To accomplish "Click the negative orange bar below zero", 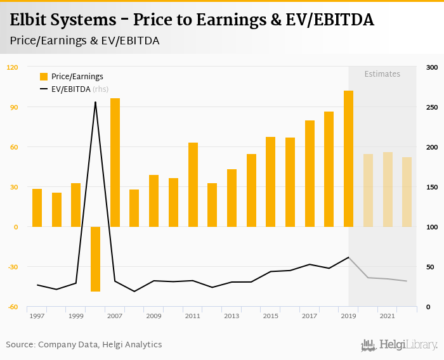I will (x=96, y=259).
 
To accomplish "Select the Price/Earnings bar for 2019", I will (x=348, y=158).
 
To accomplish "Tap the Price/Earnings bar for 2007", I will (x=115, y=162).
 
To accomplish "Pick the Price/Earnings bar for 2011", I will (x=193, y=184).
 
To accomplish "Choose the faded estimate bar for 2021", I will (x=387, y=190).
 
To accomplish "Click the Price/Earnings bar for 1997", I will (x=37, y=208).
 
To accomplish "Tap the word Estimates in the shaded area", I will (x=382, y=74).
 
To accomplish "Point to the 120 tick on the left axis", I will (x=13, y=67).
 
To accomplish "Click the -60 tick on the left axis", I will (x=13, y=307).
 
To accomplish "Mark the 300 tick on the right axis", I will (x=432, y=67).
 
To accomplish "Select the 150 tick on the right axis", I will (x=432, y=187).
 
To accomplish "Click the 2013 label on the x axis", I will (x=232, y=316).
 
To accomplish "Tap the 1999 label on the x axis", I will (x=75, y=316).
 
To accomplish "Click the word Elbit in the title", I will (x=31, y=20).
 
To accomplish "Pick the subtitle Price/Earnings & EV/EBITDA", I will (x=84, y=41).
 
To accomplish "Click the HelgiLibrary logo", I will (x=399, y=345).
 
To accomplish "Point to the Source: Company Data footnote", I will (x=84, y=345).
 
